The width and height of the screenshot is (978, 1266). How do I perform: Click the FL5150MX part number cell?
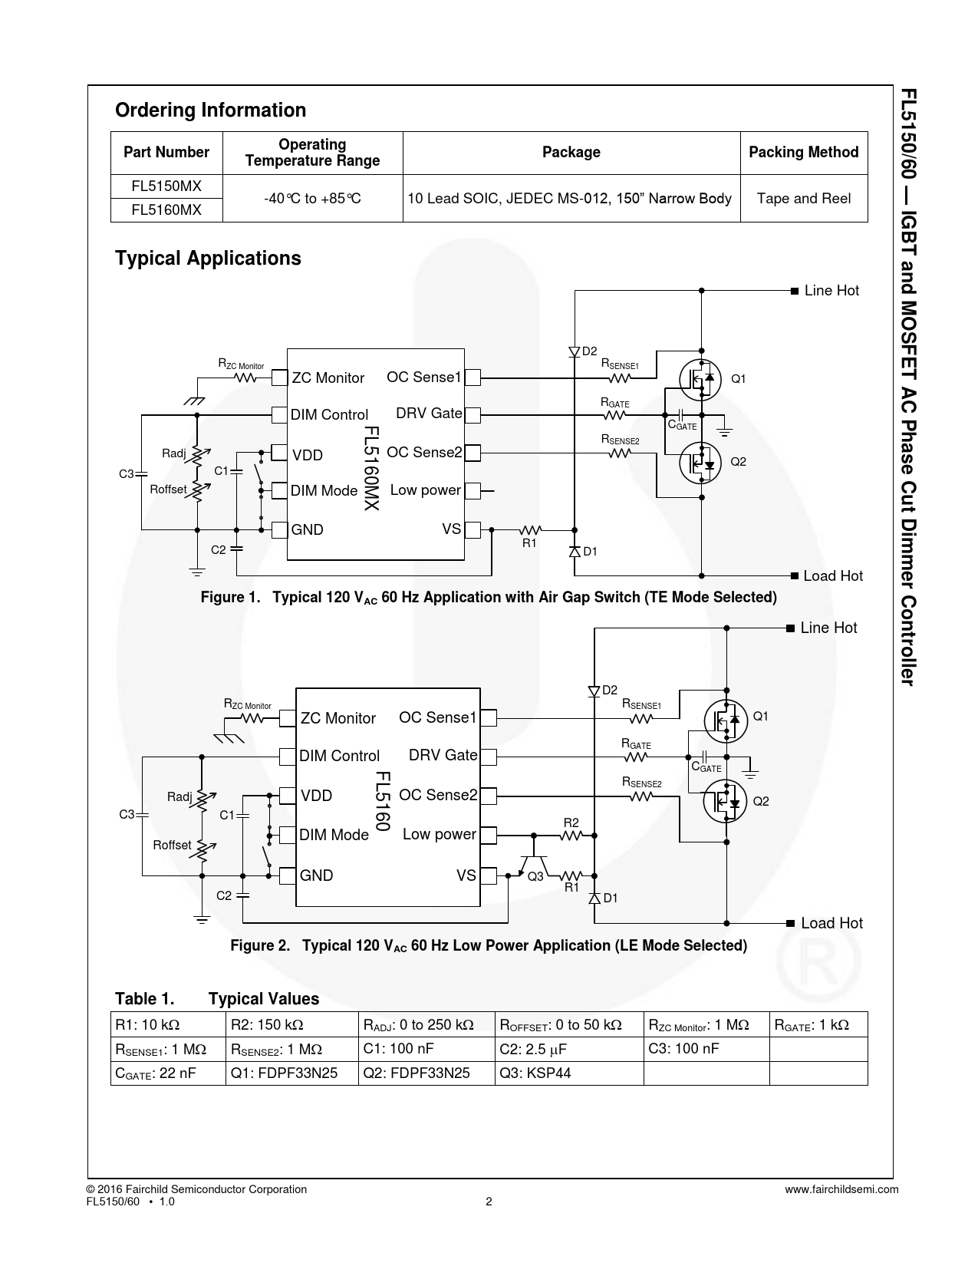point(166,186)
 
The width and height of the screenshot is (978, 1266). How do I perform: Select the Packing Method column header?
point(803,152)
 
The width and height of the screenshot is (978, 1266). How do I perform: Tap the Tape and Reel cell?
point(803,199)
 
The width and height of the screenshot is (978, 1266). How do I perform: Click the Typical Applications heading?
point(208,258)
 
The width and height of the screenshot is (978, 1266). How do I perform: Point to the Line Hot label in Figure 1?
point(831,291)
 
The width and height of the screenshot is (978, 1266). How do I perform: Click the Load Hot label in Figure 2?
point(831,923)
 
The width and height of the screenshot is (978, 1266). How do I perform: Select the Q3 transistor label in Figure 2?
point(535,877)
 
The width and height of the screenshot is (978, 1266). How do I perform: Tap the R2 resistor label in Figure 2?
point(571,823)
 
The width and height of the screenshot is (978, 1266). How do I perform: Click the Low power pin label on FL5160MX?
point(425,490)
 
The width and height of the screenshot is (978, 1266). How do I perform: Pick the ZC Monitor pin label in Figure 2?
point(338,718)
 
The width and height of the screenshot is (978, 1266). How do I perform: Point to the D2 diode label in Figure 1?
point(589,351)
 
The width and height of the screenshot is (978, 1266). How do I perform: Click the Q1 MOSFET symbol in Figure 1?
point(700,379)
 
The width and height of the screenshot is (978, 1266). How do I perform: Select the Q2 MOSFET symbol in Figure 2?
point(725,802)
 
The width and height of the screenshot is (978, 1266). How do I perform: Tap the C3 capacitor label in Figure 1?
point(127,473)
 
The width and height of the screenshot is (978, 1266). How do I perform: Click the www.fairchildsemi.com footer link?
point(841,1189)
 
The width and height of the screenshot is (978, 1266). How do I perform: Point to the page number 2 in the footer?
point(489,1202)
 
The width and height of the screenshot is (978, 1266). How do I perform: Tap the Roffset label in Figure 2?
point(172,845)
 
